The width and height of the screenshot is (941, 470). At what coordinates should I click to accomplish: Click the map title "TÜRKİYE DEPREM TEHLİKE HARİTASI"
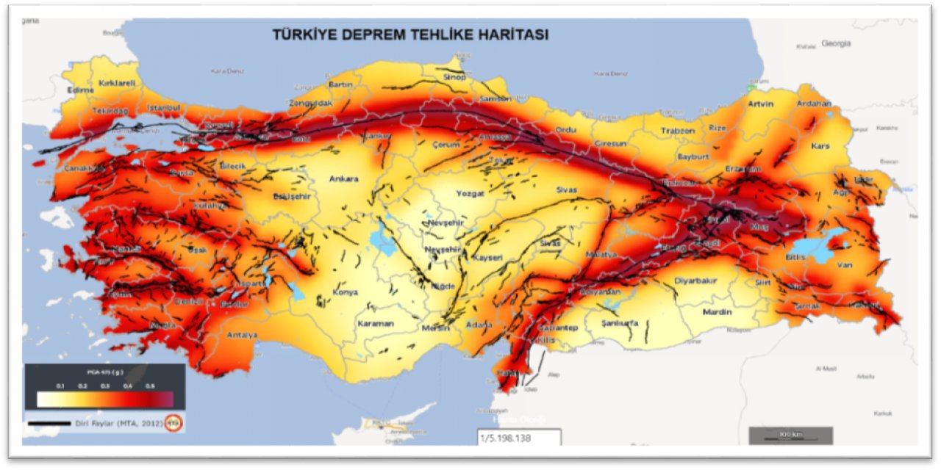coord(410,35)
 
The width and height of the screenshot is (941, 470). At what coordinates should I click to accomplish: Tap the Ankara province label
coord(343,178)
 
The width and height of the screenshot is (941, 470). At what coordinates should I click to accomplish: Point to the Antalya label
coord(242,335)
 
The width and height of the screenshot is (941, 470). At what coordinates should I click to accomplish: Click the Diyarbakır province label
coord(695,281)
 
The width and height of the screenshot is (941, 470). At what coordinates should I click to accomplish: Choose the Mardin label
coord(717,312)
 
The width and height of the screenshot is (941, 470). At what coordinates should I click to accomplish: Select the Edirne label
coord(80,90)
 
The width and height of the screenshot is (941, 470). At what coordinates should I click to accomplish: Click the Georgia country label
coord(836,43)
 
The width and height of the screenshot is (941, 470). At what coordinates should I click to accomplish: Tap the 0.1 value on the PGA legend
coord(60,386)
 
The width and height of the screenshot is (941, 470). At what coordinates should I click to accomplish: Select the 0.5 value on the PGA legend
coord(151,386)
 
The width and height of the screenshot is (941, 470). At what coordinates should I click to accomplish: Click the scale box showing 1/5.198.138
coord(519,438)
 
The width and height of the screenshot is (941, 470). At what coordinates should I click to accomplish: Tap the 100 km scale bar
coord(790,435)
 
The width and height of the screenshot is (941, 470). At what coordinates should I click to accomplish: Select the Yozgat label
coord(470,193)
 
